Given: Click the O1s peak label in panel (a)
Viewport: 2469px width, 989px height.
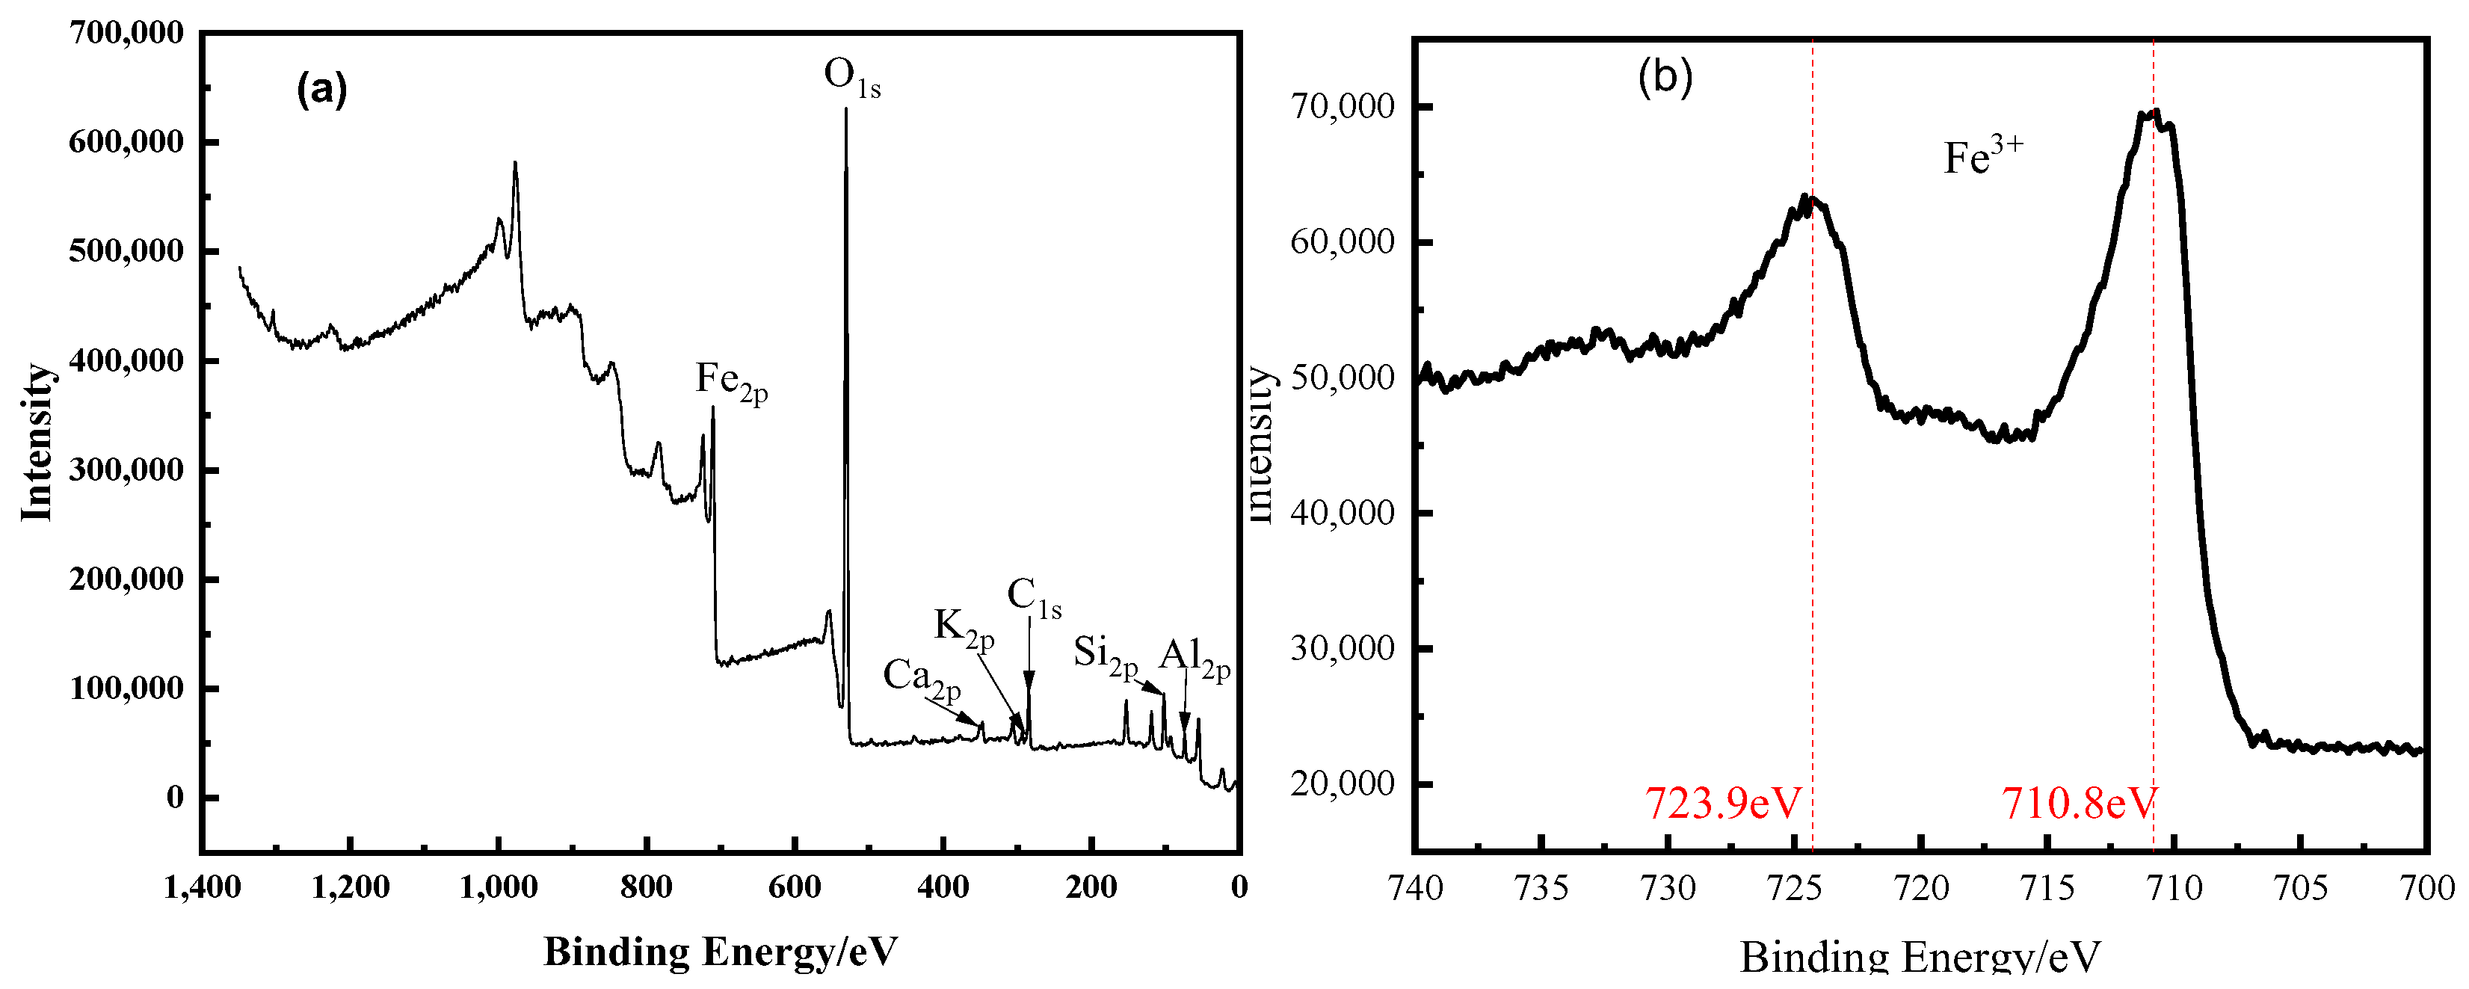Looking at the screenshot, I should coord(851,77).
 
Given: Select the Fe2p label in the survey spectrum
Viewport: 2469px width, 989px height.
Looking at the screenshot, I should coord(730,381).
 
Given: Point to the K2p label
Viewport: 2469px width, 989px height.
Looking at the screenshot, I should coord(964,629).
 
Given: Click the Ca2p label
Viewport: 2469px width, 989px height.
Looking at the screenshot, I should coord(921,677).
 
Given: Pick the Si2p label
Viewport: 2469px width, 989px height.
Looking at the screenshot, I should coord(1105,655).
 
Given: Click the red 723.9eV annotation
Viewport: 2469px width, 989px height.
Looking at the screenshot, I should coord(1723,803).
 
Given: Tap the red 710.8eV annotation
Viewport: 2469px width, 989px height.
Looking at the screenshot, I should coord(2078,803).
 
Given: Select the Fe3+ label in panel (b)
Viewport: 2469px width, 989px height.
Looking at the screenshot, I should coord(1982,156).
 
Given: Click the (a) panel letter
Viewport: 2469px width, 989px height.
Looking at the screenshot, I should coord(322,89).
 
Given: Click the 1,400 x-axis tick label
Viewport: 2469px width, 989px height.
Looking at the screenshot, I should coord(203,887).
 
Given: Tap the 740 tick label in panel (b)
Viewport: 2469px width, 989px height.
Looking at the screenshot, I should coord(1416,888).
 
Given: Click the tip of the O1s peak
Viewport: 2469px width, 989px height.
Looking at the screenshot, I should coord(845,110).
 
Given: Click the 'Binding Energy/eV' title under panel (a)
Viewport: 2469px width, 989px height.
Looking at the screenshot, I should coord(721,952).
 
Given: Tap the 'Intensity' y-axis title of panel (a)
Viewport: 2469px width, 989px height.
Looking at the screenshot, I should coord(37,442).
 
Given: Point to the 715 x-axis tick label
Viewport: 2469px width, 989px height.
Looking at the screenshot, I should coord(2047,888).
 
